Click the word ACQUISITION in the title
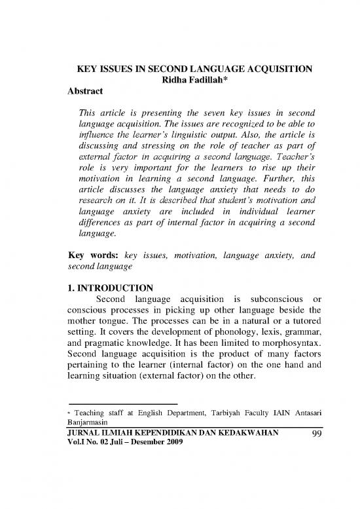pos(274,69)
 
